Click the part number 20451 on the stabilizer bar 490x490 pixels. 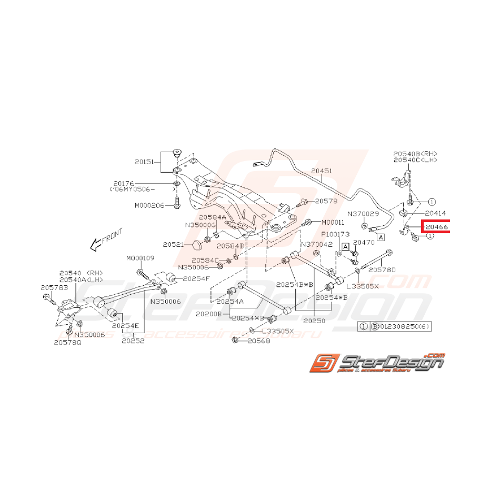pyautogui.click(x=321, y=171)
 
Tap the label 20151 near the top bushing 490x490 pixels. pyautogui.click(x=144, y=162)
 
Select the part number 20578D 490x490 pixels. pyautogui.click(x=382, y=270)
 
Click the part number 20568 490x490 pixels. pyautogui.click(x=258, y=341)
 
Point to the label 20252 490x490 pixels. pyautogui.click(x=134, y=341)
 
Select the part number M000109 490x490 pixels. pyautogui.click(x=140, y=258)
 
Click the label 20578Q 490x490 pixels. pyautogui.click(x=67, y=342)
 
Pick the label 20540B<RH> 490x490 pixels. pyautogui.click(x=415, y=154)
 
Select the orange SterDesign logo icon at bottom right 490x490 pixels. pyautogui.click(x=323, y=363)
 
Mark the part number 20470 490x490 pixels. pyautogui.click(x=364, y=243)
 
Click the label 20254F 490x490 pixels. pyautogui.click(x=196, y=278)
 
